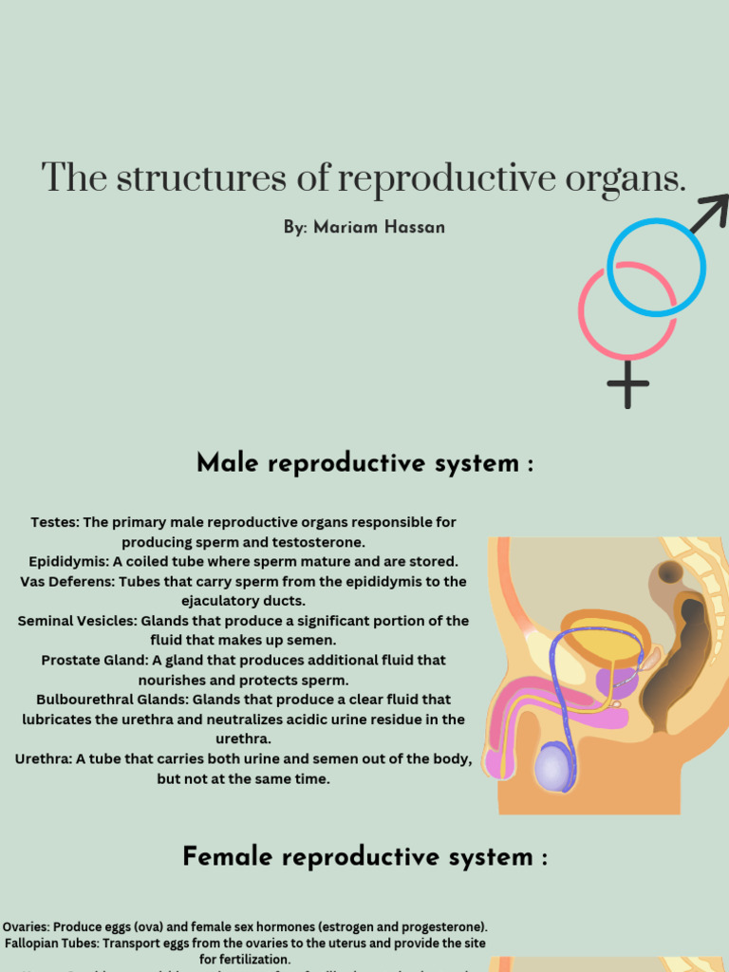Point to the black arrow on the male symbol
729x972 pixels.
[x=710, y=212]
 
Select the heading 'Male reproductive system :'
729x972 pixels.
[x=364, y=464]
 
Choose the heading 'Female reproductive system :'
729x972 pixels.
[x=364, y=857]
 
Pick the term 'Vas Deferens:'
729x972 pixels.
[x=67, y=581]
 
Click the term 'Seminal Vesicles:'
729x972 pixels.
[x=77, y=620]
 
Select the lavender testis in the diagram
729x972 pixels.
[x=554, y=766]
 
